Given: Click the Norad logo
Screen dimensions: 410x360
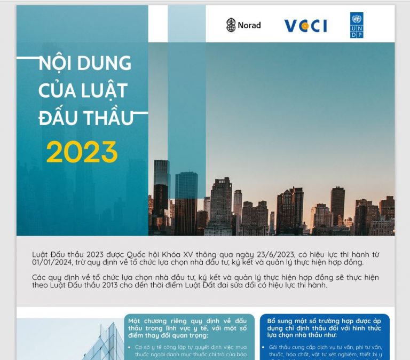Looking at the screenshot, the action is [243, 25].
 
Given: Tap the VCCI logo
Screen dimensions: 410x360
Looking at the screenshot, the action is [306, 26].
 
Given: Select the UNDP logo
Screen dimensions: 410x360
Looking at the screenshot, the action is [357, 25].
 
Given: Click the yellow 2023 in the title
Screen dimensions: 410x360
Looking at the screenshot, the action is [82, 152].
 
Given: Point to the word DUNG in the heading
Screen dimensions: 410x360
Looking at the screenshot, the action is [104, 63].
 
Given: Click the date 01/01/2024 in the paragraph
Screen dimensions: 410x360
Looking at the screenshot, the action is [52, 262].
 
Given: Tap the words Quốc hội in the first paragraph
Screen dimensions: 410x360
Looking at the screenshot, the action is [143, 255].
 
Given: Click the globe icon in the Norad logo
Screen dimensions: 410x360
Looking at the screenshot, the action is [231, 25].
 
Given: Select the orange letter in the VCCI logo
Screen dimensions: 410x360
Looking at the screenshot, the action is [305, 26].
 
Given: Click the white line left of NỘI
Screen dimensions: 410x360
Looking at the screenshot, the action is [28, 58].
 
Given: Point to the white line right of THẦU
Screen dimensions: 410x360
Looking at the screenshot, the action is [141, 113].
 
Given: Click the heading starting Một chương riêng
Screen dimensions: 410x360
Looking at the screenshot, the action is [187, 328].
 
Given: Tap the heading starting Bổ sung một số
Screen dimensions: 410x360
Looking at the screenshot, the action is [324, 328].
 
